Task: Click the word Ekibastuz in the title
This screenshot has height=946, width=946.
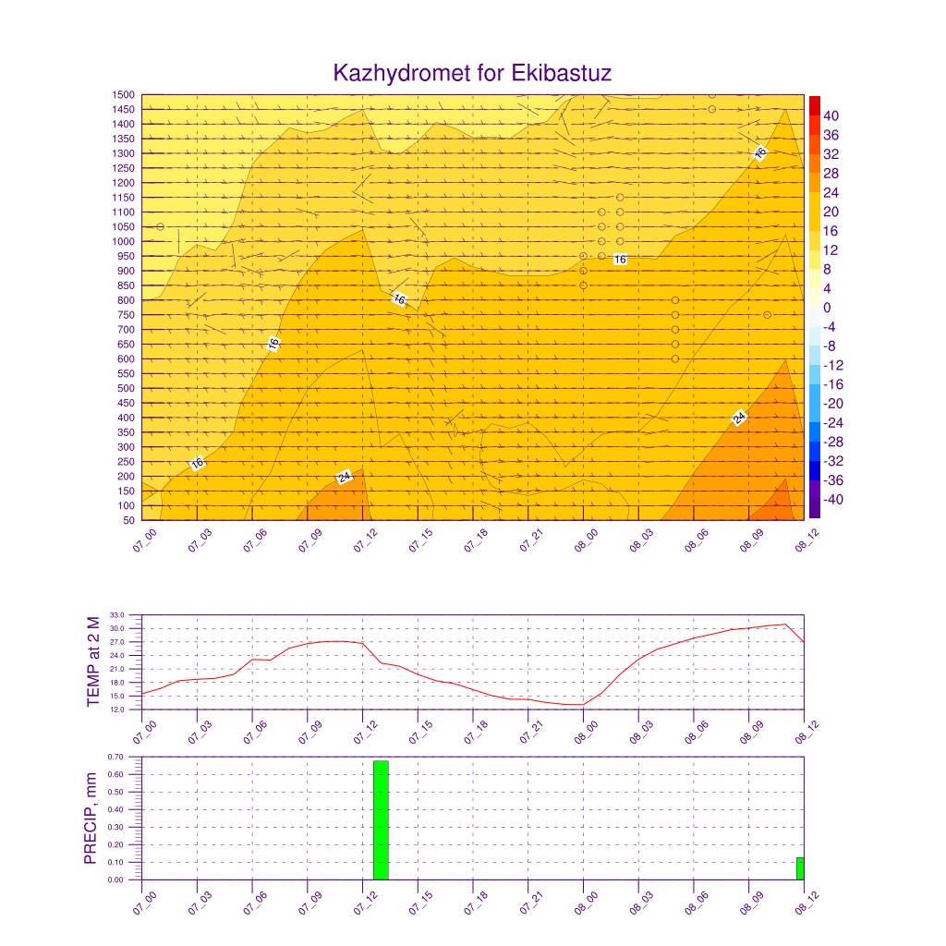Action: (561, 73)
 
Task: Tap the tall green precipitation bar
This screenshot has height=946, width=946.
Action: (381, 820)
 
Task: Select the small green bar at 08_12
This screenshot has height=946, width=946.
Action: (800, 868)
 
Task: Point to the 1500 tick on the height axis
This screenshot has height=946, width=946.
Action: (123, 95)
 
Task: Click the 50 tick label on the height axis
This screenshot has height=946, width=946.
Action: (128, 520)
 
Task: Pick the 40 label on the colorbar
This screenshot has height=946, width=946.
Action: (831, 115)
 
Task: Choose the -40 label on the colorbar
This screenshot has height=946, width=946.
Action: (833, 500)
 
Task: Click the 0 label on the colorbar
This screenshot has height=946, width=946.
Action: (827, 308)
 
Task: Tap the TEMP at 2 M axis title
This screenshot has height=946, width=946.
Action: (93, 661)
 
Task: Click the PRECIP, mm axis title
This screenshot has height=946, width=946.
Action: (91, 819)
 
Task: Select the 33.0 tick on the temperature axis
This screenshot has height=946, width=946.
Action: (117, 614)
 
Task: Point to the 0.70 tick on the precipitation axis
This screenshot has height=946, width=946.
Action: (115, 757)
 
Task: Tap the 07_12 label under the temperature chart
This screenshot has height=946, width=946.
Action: (366, 732)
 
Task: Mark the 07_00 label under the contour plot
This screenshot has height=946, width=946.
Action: (145, 540)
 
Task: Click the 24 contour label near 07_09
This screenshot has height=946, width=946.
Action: (344, 478)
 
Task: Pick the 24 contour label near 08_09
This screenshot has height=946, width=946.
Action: (739, 418)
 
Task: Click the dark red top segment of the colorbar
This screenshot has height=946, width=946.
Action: (815, 105)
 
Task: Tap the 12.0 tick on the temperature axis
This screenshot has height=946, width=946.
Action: (117, 709)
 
